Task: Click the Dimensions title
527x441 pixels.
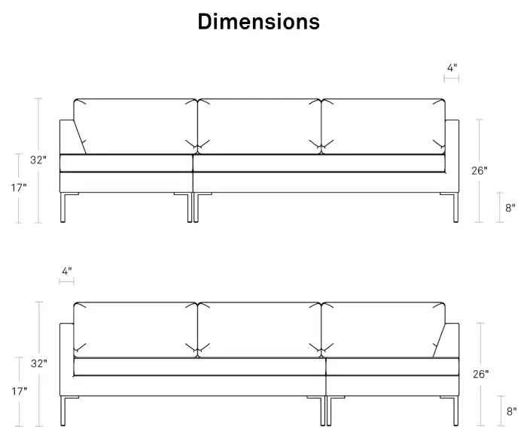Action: [x=258, y=22]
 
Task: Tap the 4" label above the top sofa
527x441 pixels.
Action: [x=452, y=68]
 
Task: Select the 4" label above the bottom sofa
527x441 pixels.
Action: [x=67, y=271]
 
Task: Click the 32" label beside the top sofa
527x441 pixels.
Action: [x=38, y=160]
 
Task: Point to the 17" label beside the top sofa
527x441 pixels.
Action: [x=19, y=187]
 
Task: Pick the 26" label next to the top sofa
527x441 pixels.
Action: [x=479, y=171]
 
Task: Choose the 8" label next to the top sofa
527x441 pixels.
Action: [x=510, y=208]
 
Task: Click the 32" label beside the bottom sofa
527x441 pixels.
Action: [x=39, y=363]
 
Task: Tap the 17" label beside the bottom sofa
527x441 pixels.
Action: [x=20, y=391]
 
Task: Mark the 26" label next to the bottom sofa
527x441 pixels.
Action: [x=480, y=374]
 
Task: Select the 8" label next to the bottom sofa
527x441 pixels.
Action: [x=511, y=411]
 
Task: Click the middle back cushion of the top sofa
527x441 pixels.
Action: [x=259, y=126]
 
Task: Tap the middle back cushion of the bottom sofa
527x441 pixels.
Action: [x=259, y=330]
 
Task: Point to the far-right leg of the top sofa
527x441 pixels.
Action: [x=455, y=208]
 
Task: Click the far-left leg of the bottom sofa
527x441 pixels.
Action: [x=62, y=411]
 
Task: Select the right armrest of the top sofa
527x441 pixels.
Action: [x=452, y=157]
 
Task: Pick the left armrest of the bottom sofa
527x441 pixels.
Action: [x=66, y=360]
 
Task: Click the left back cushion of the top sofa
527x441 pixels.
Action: [x=135, y=126]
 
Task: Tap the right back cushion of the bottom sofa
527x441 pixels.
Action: [x=383, y=330]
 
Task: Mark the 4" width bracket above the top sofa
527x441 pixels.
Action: [x=452, y=78]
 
